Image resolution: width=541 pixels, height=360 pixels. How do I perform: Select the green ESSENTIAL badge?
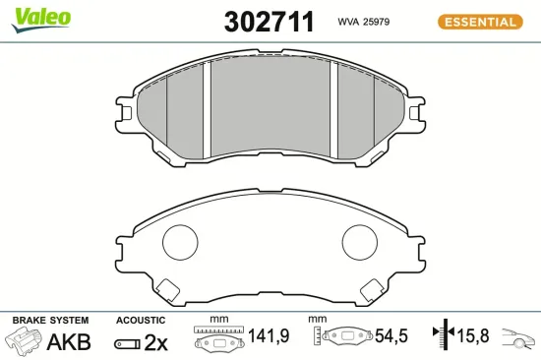tap(478, 21)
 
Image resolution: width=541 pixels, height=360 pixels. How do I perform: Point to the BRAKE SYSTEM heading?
tap(49, 321)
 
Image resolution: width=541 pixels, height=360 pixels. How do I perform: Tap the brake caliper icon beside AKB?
tap(26, 341)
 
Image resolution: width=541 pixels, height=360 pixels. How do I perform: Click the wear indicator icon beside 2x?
tap(127, 343)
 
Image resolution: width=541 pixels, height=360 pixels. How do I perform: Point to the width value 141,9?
tap(269, 336)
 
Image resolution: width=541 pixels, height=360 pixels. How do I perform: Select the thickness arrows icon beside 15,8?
tap(444, 336)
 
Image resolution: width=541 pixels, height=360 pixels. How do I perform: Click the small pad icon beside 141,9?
tap(217, 340)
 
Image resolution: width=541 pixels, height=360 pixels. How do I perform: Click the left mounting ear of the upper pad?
tap(126, 108)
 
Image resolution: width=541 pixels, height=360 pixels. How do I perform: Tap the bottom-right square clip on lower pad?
tap(374, 289)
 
